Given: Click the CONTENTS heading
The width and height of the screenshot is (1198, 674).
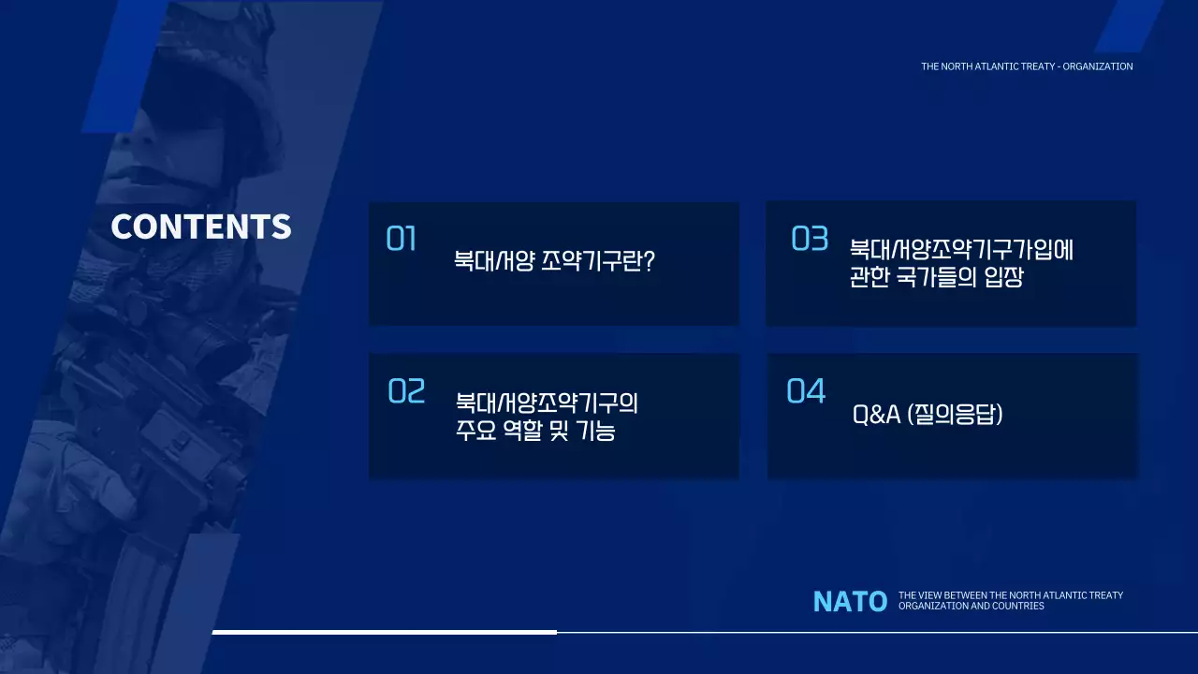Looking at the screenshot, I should [201, 227].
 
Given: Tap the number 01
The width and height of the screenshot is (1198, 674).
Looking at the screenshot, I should [401, 240].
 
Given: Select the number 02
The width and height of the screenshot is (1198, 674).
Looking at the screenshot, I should [406, 391].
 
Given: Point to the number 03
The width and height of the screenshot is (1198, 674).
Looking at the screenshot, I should [810, 240].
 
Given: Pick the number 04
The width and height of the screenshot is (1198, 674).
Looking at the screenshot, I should [806, 391].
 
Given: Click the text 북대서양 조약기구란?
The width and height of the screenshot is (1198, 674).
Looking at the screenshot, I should [553, 261].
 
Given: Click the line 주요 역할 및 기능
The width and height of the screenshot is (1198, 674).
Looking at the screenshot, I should [535, 432].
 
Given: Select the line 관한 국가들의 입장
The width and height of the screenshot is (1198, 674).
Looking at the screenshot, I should [936, 279].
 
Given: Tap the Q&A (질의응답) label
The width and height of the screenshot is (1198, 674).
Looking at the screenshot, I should [928, 415].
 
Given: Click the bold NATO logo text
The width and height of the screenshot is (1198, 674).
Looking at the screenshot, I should [850, 602].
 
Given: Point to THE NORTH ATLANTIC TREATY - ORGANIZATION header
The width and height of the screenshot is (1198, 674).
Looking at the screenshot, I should [1027, 66].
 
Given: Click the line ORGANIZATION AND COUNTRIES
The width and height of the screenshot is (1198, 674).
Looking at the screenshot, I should [971, 607].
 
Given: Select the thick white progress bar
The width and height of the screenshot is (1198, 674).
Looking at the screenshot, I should [384, 632].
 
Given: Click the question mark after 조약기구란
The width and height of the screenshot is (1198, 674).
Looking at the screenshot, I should [648, 261].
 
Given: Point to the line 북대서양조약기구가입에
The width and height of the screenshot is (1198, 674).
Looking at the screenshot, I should [960, 250].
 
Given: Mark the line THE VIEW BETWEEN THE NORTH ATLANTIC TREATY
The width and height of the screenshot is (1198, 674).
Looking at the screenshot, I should [1010, 595].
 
